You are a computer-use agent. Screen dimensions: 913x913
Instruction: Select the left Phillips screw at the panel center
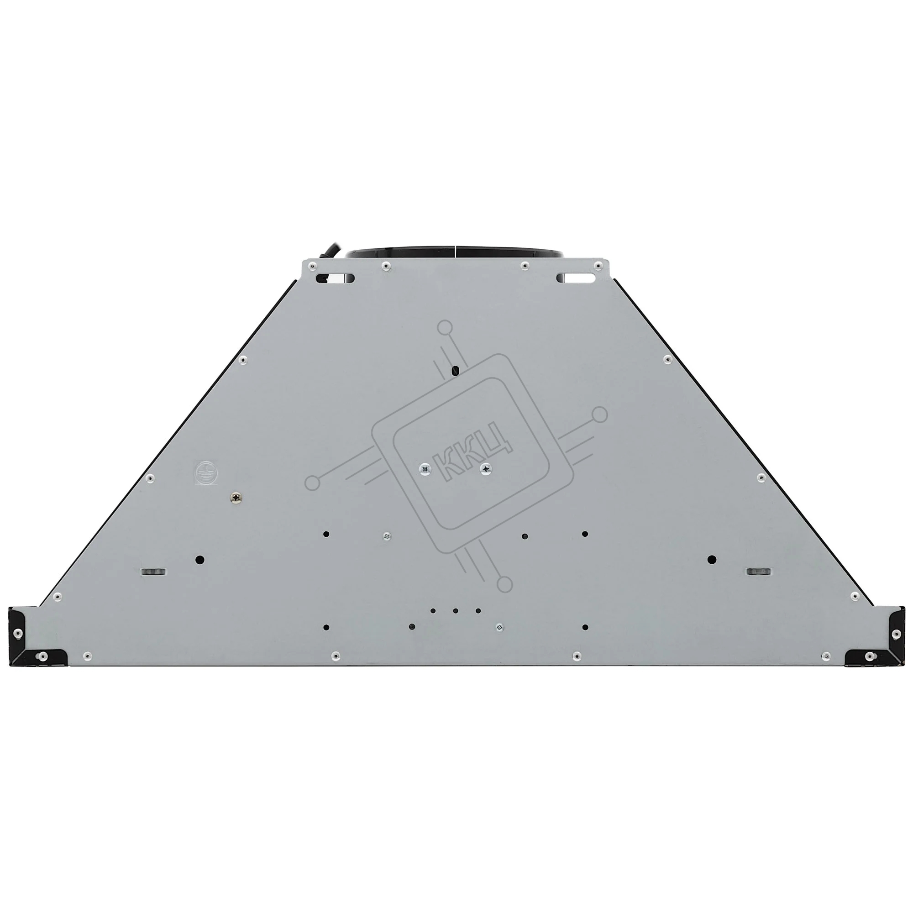click(425, 469)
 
